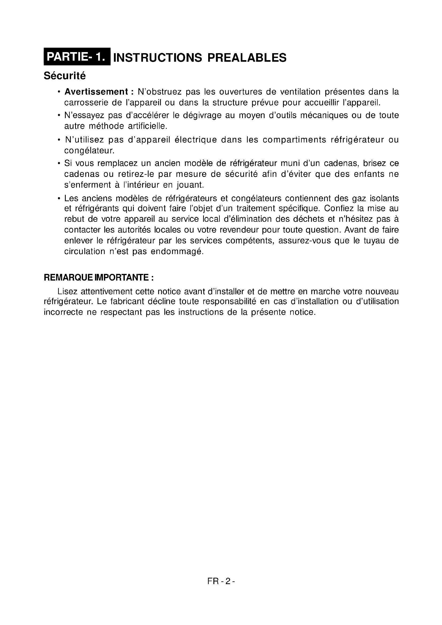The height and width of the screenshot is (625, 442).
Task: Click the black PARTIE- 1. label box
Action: coord(77,57)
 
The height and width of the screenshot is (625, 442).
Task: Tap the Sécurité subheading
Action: coord(65,76)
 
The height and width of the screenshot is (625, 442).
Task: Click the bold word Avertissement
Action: coord(96,92)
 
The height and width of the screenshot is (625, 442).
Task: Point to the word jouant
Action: coord(190,185)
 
